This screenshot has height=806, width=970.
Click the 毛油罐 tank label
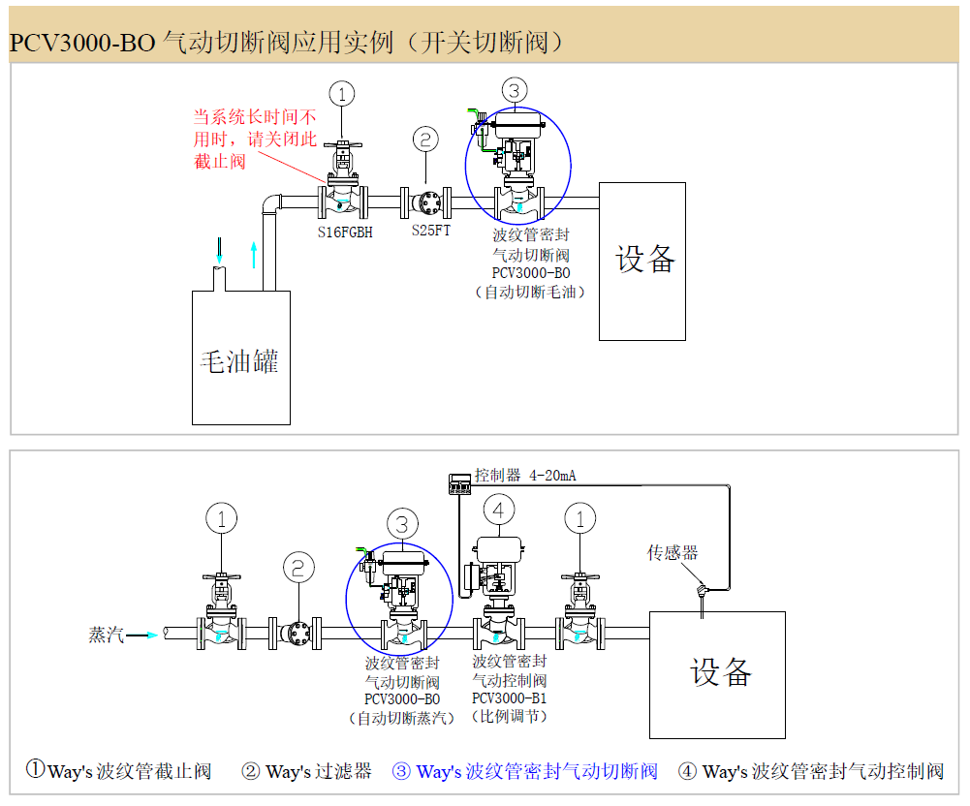point(239,362)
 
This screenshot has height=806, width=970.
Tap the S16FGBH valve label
point(346,232)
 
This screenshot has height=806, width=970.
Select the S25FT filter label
point(430,232)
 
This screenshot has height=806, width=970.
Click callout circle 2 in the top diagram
point(425,139)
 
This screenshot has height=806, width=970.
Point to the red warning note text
point(255,139)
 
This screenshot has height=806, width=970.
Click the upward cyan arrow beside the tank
point(255,254)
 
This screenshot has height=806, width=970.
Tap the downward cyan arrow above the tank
point(220,250)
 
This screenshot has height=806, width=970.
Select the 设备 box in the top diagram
point(642,260)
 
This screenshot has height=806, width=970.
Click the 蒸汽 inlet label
point(107,635)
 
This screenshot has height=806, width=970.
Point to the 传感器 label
point(673,553)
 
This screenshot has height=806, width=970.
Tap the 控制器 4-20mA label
point(525,476)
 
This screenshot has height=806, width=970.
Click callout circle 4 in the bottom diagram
point(498,510)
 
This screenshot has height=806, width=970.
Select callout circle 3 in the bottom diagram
point(401,524)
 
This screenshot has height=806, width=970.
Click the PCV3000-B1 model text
point(510,698)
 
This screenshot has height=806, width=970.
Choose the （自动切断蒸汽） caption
point(401,718)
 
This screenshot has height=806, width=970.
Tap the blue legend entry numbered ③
point(524,771)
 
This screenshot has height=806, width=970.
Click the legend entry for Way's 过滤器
point(306,771)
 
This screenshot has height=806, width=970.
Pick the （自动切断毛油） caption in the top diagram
point(530,291)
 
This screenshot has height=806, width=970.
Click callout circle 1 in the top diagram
point(341,93)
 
